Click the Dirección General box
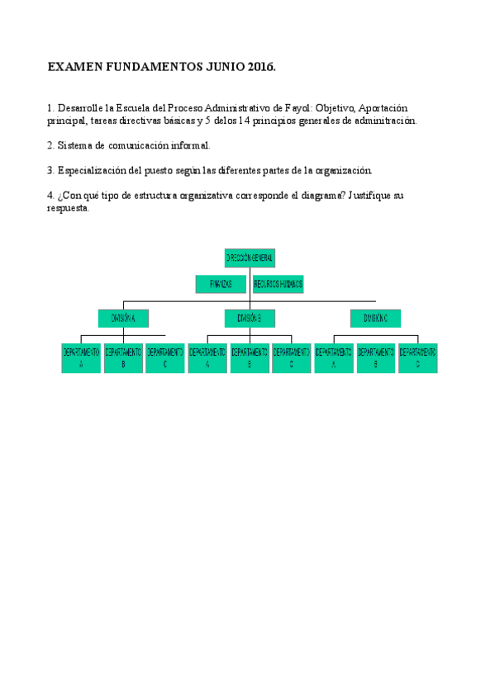tap(250, 258)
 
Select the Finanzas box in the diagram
tap(221, 284)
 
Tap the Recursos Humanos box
tap(278, 284)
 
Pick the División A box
tap(123, 318)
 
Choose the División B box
tap(250, 318)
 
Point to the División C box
tap(375, 318)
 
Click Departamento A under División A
tap(81, 357)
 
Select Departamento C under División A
tap(165, 357)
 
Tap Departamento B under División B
tap(250, 357)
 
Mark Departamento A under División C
tap(334, 357)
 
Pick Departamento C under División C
tap(418, 357)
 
